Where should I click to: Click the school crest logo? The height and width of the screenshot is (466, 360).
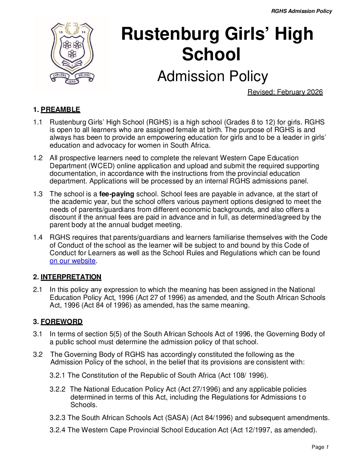tap(72, 53)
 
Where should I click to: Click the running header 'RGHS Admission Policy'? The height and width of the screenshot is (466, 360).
tap(301, 11)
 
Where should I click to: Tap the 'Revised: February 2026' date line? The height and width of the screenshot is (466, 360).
tap(285, 92)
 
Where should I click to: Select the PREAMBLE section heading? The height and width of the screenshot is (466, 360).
tap(60, 110)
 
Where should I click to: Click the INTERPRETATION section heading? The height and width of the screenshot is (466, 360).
tap(71, 277)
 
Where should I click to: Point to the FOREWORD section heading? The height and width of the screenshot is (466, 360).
tap(62, 322)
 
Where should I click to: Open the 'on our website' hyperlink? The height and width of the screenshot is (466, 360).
tap(72, 261)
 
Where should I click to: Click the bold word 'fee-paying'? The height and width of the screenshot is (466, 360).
tap(116, 194)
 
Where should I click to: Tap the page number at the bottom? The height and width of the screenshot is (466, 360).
tap(320, 447)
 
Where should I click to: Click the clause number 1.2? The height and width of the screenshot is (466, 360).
tap(38, 158)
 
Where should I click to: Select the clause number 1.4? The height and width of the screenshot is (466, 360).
tap(38, 237)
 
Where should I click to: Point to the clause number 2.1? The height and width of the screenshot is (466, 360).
tap(38, 290)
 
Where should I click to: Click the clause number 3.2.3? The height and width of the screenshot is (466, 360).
tap(58, 418)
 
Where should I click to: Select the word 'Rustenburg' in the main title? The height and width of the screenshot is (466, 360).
tap(170, 34)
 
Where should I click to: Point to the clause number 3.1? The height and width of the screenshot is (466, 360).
tap(38, 334)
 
